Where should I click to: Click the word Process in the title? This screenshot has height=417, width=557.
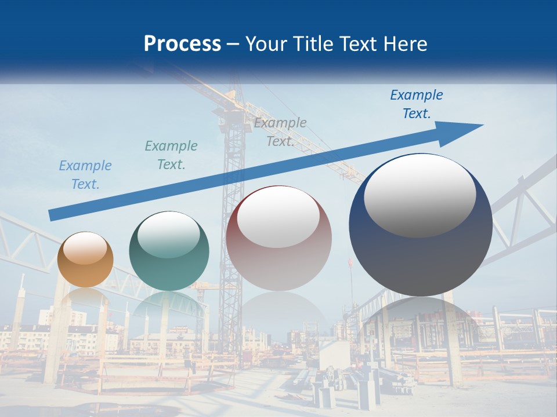tap(182, 44)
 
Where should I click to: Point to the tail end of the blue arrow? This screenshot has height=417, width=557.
tap(53, 215)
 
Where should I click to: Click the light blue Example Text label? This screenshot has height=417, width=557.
tap(85, 175)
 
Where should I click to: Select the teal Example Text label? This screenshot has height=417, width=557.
tap(171, 155)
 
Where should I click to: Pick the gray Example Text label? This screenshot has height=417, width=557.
tap(280, 132)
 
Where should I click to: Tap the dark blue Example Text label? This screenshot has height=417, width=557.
tap(417, 104)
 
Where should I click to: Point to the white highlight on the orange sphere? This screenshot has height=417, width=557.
tap(85, 248)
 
